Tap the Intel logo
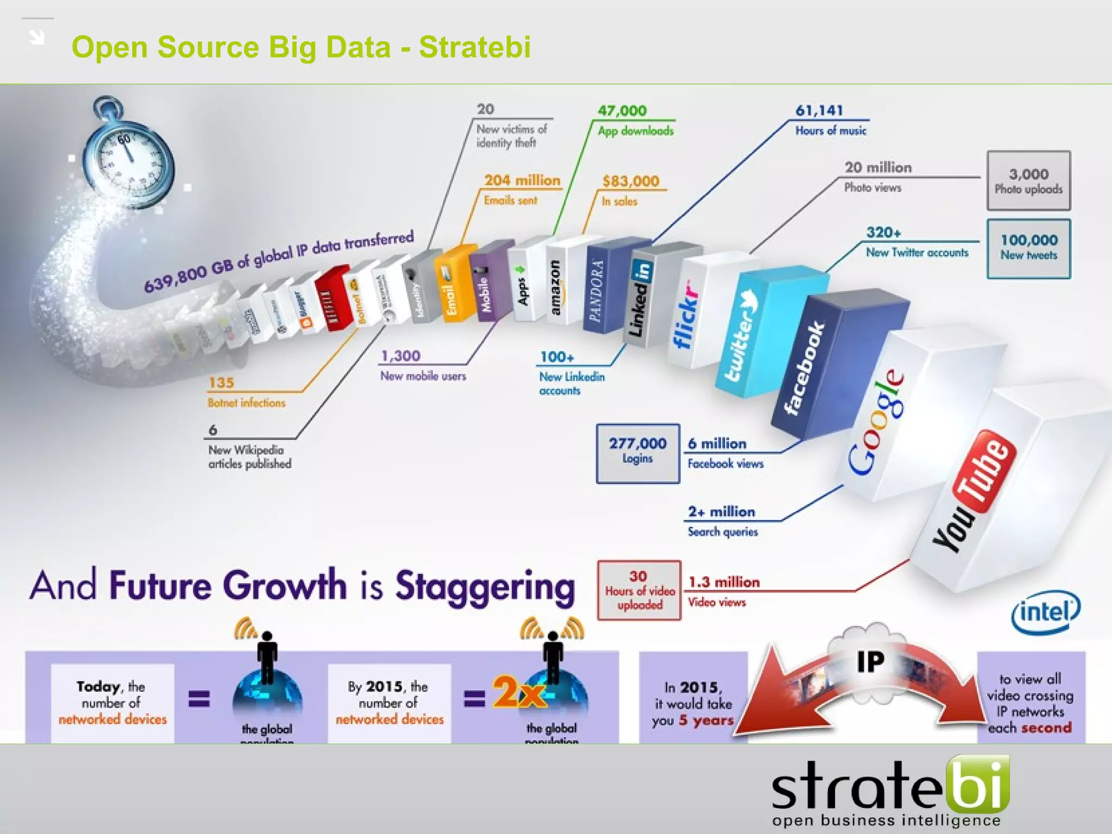(x=1045, y=612)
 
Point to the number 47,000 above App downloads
(x=622, y=110)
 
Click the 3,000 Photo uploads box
(x=1028, y=181)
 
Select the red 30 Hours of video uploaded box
(x=639, y=590)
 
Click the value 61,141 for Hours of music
(x=819, y=110)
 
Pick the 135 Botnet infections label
(x=245, y=391)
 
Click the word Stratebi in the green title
(x=475, y=47)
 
